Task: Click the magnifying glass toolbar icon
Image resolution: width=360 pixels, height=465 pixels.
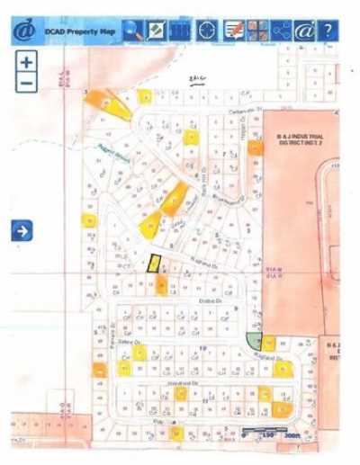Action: (x=132, y=31)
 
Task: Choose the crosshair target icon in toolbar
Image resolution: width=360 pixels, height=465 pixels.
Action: (x=208, y=31)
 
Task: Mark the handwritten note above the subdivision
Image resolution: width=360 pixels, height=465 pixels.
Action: (x=198, y=79)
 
